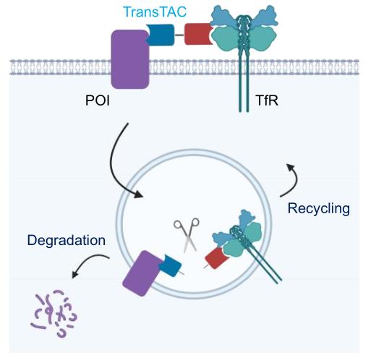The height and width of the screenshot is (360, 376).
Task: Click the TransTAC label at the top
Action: click(155, 12)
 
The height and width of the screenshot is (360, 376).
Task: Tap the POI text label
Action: click(98, 100)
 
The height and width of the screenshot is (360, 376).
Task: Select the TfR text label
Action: click(267, 100)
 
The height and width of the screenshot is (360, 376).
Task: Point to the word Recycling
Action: click(319, 209)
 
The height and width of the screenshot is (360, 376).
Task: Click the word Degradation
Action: click(67, 240)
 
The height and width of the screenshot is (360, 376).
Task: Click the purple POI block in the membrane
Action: click(130, 59)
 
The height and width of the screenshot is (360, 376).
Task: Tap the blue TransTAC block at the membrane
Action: click(160, 35)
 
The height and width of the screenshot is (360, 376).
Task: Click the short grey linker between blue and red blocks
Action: click(179, 35)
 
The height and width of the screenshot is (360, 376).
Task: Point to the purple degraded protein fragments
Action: click(54, 313)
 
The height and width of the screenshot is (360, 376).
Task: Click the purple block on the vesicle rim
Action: click(142, 273)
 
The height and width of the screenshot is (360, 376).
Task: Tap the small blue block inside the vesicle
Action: click(171, 265)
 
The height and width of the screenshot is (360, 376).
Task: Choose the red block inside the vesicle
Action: click(216, 258)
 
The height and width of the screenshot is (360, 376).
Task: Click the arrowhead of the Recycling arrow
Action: click(291, 167)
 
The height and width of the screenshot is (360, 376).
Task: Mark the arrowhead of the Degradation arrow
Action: click(75, 274)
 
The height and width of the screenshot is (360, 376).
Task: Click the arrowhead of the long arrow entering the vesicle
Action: click(139, 194)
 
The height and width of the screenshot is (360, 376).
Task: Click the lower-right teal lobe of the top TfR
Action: click(264, 39)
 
